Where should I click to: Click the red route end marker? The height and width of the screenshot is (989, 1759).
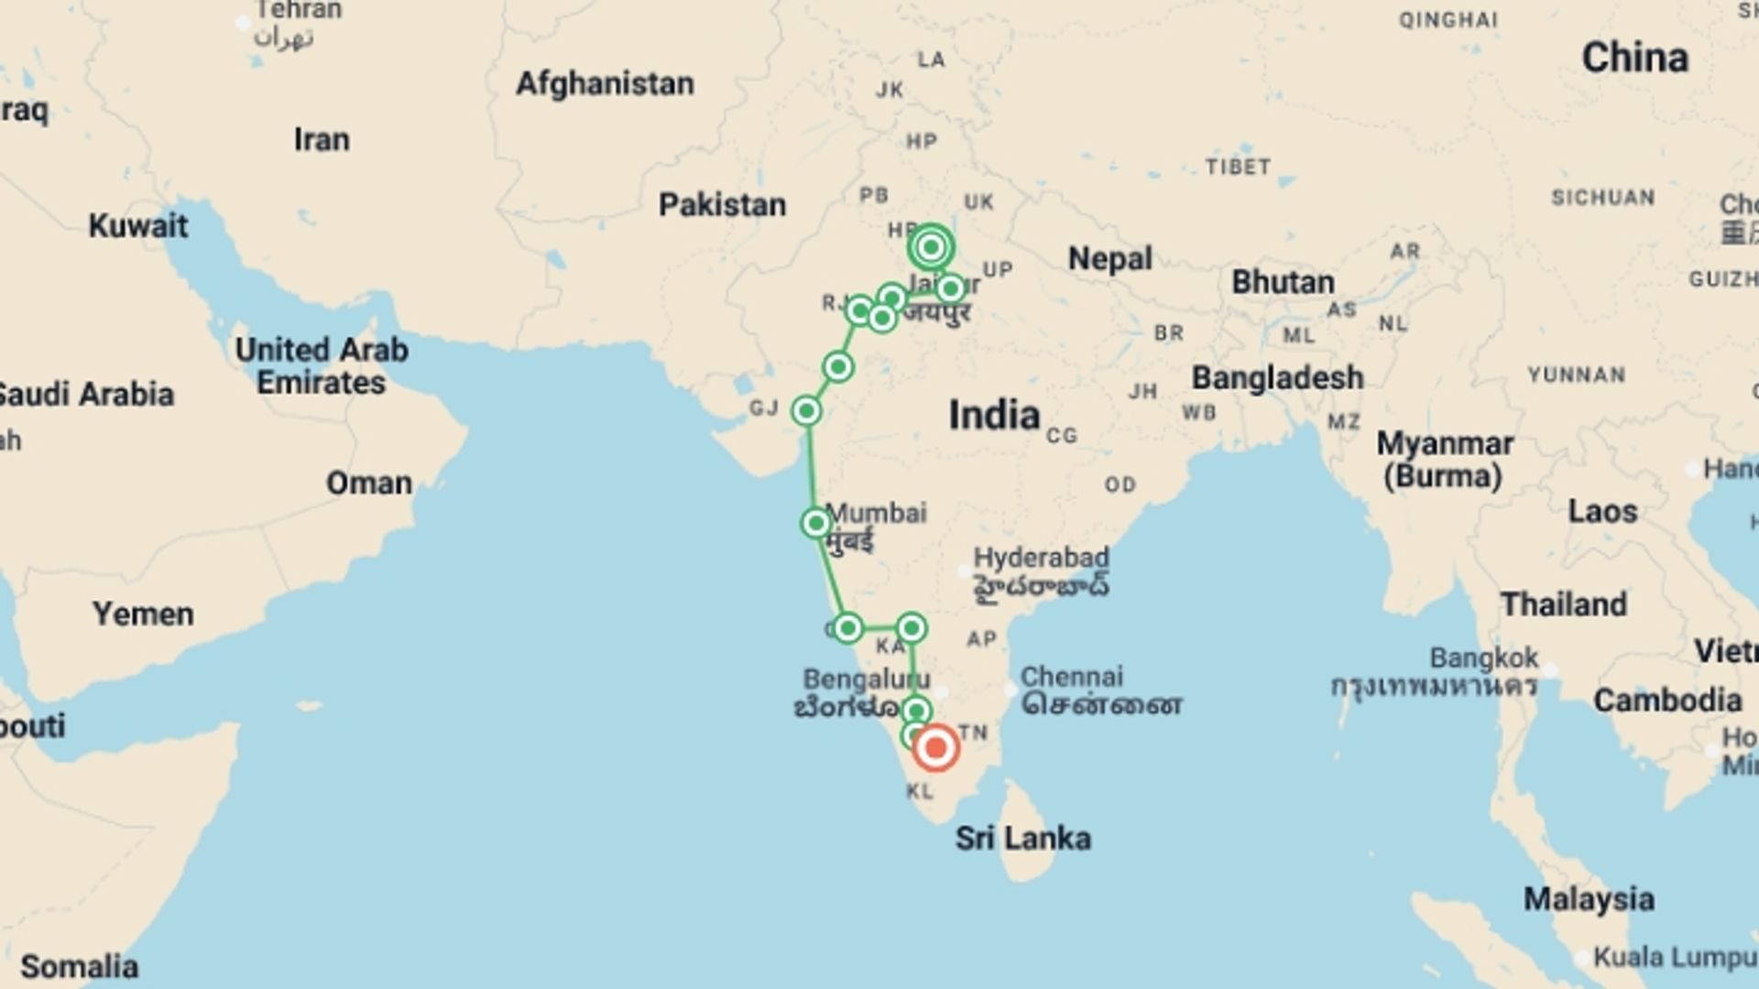click(x=935, y=748)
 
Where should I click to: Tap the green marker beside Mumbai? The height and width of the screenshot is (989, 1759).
click(x=815, y=523)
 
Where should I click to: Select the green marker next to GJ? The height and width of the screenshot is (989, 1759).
click(x=806, y=411)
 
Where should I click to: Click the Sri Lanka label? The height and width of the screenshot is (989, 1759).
click(x=1022, y=838)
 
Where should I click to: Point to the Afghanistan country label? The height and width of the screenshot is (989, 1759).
click(x=605, y=83)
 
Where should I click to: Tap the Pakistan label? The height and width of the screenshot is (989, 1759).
click(x=722, y=204)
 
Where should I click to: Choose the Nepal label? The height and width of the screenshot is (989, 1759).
click(x=1109, y=259)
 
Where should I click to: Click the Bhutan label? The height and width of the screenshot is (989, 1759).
click(x=1283, y=282)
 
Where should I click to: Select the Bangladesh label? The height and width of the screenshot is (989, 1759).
click(x=1277, y=377)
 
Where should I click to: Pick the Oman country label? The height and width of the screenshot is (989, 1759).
click(x=369, y=483)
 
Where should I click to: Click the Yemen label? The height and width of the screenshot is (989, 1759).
click(x=143, y=614)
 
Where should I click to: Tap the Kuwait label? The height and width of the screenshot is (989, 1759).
click(x=138, y=225)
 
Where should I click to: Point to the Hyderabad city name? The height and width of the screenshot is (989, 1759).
click(x=1041, y=558)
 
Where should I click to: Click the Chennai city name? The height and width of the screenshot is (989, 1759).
click(x=1071, y=677)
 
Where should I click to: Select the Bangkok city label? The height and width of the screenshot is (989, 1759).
click(x=1484, y=658)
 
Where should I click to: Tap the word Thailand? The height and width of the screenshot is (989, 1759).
click(x=1564, y=604)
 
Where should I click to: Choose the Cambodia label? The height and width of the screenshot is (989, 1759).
click(x=1667, y=701)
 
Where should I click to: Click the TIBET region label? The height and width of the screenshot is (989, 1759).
click(x=1238, y=167)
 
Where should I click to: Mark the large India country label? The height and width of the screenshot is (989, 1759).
click(x=994, y=416)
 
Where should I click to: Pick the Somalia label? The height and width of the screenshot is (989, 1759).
click(x=80, y=966)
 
